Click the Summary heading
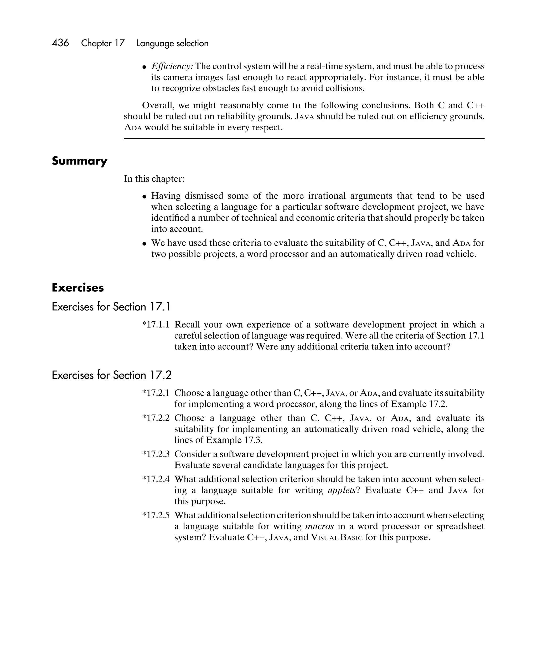(x=80, y=161)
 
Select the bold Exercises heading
(x=78, y=288)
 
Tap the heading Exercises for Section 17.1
(x=111, y=307)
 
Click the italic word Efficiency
(x=172, y=66)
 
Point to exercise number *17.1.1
(x=156, y=325)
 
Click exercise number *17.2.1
(x=156, y=393)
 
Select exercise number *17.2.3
(x=156, y=454)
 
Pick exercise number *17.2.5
(x=156, y=515)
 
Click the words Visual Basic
(x=337, y=537)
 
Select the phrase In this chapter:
(x=154, y=179)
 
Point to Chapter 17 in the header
(x=103, y=43)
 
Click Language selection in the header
(x=172, y=43)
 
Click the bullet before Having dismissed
(x=144, y=196)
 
